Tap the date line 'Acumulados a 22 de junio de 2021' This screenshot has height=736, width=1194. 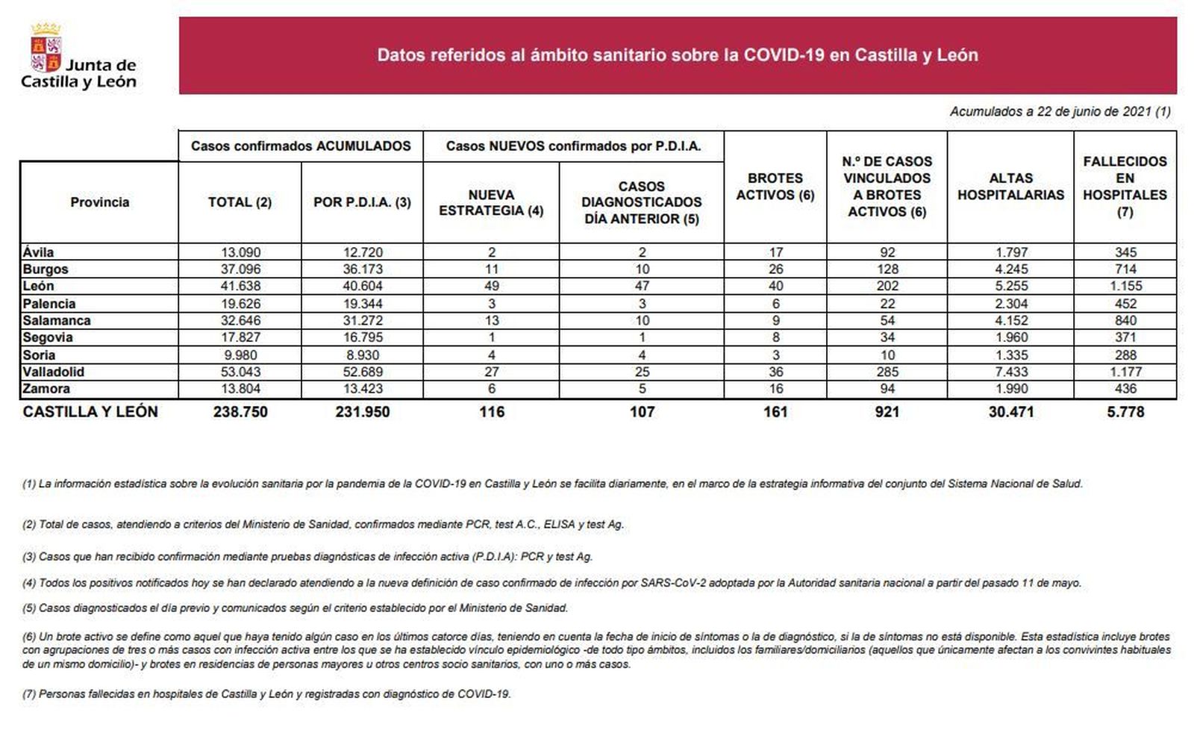(x=1059, y=112)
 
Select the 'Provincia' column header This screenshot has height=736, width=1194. (x=99, y=202)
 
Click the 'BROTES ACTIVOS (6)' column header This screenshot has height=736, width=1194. (x=775, y=187)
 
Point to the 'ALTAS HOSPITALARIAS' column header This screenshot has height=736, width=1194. (x=1010, y=187)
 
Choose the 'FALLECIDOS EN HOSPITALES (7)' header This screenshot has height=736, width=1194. (x=1125, y=187)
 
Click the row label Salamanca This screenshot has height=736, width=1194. (x=57, y=320)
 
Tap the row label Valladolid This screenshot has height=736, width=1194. (x=53, y=372)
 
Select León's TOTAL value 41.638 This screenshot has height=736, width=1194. (x=240, y=286)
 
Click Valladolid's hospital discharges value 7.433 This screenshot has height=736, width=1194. (x=1010, y=372)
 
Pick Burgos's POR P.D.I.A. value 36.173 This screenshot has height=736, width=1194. (x=362, y=269)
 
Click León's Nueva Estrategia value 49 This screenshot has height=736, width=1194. (x=491, y=286)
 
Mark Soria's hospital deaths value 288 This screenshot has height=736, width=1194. (x=1125, y=355)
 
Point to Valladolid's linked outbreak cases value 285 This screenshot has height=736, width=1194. (x=887, y=372)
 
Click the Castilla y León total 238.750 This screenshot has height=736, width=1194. (x=240, y=412)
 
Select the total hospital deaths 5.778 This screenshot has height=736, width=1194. (x=1125, y=412)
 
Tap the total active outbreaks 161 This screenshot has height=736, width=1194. (x=775, y=412)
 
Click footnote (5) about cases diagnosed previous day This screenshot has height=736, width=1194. (x=295, y=608)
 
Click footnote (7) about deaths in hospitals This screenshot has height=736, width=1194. (x=266, y=694)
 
